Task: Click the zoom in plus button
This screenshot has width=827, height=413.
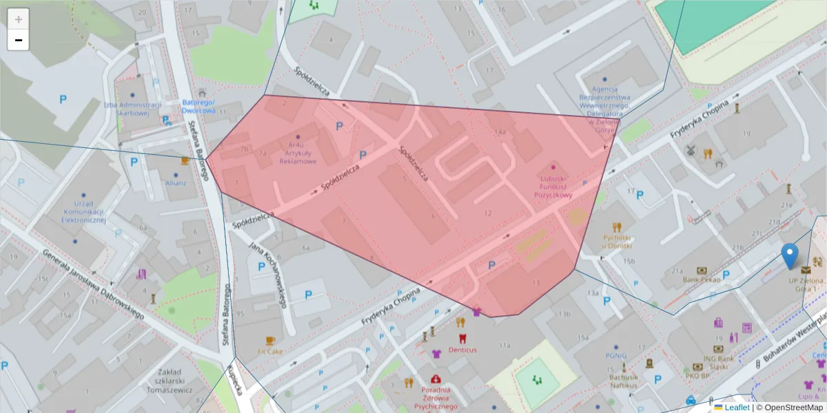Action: pos(19,19)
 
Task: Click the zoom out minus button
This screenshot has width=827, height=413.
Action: pos(19,40)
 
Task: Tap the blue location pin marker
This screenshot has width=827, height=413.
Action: pos(790,256)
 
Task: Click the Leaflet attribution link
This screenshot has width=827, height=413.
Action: pos(737,407)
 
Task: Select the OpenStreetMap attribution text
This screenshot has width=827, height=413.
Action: pos(788,407)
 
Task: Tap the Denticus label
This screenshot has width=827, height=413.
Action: pos(462,350)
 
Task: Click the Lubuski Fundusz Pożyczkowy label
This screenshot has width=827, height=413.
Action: pos(553,186)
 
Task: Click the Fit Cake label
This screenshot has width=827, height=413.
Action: pos(270,351)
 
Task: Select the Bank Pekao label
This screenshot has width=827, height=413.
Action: pos(702,279)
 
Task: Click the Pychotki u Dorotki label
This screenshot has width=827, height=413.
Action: pos(617,241)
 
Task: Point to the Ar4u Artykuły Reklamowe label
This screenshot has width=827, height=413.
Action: pos(298,153)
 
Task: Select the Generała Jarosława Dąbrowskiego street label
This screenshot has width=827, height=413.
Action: pos(93,284)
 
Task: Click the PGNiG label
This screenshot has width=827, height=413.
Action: pos(615,356)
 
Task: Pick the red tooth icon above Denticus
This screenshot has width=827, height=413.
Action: pos(462,339)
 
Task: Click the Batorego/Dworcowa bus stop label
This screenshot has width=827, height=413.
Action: pos(199,106)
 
